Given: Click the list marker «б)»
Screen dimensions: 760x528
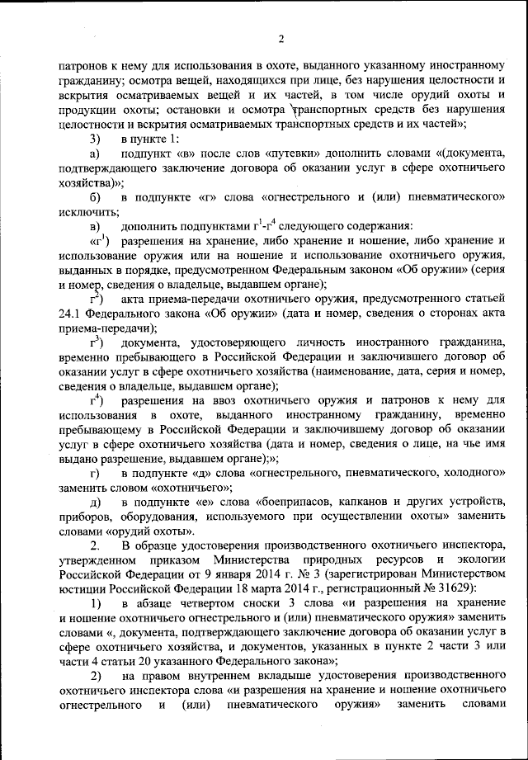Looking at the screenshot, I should [96, 197].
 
